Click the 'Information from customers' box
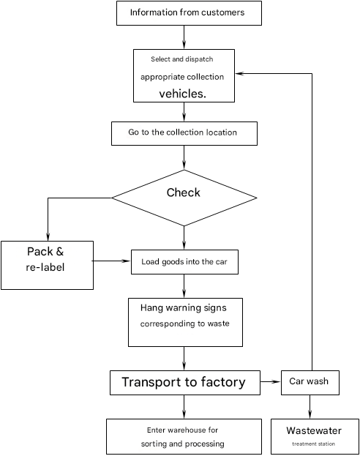(x=189, y=13)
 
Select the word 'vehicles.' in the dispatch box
(x=183, y=94)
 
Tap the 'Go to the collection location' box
(x=184, y=133)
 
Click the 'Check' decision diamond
(x=184, y=198)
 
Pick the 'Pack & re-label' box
(x=47, y=265)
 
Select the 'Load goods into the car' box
(x=184, y=262)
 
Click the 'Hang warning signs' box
(x=186, y=322)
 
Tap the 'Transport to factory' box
(x=185, y=383)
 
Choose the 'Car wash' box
(x=310, y=383)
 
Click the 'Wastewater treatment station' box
(x=315, y=436)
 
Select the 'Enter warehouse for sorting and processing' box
(x=184, y=436)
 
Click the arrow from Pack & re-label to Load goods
(x=111, y=261)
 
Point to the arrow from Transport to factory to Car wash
(x=271, y=381)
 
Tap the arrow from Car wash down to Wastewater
(x=310, y=406)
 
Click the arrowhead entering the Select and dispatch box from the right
(x=239, y=74)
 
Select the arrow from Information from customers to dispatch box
(x=184, y=37)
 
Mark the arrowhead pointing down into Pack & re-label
(x=48, y=236)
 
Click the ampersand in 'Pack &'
(x=60, y=252)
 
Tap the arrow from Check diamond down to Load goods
(x=184, y=238)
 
